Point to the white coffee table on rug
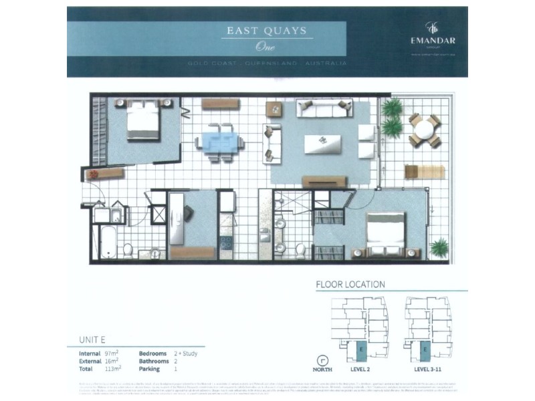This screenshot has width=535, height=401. point(322,143)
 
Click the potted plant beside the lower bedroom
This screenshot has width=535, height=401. point(439,248)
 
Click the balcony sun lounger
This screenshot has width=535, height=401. point(415,172)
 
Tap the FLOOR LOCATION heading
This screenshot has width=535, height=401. point(350,284)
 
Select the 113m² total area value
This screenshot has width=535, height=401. point(113,368)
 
